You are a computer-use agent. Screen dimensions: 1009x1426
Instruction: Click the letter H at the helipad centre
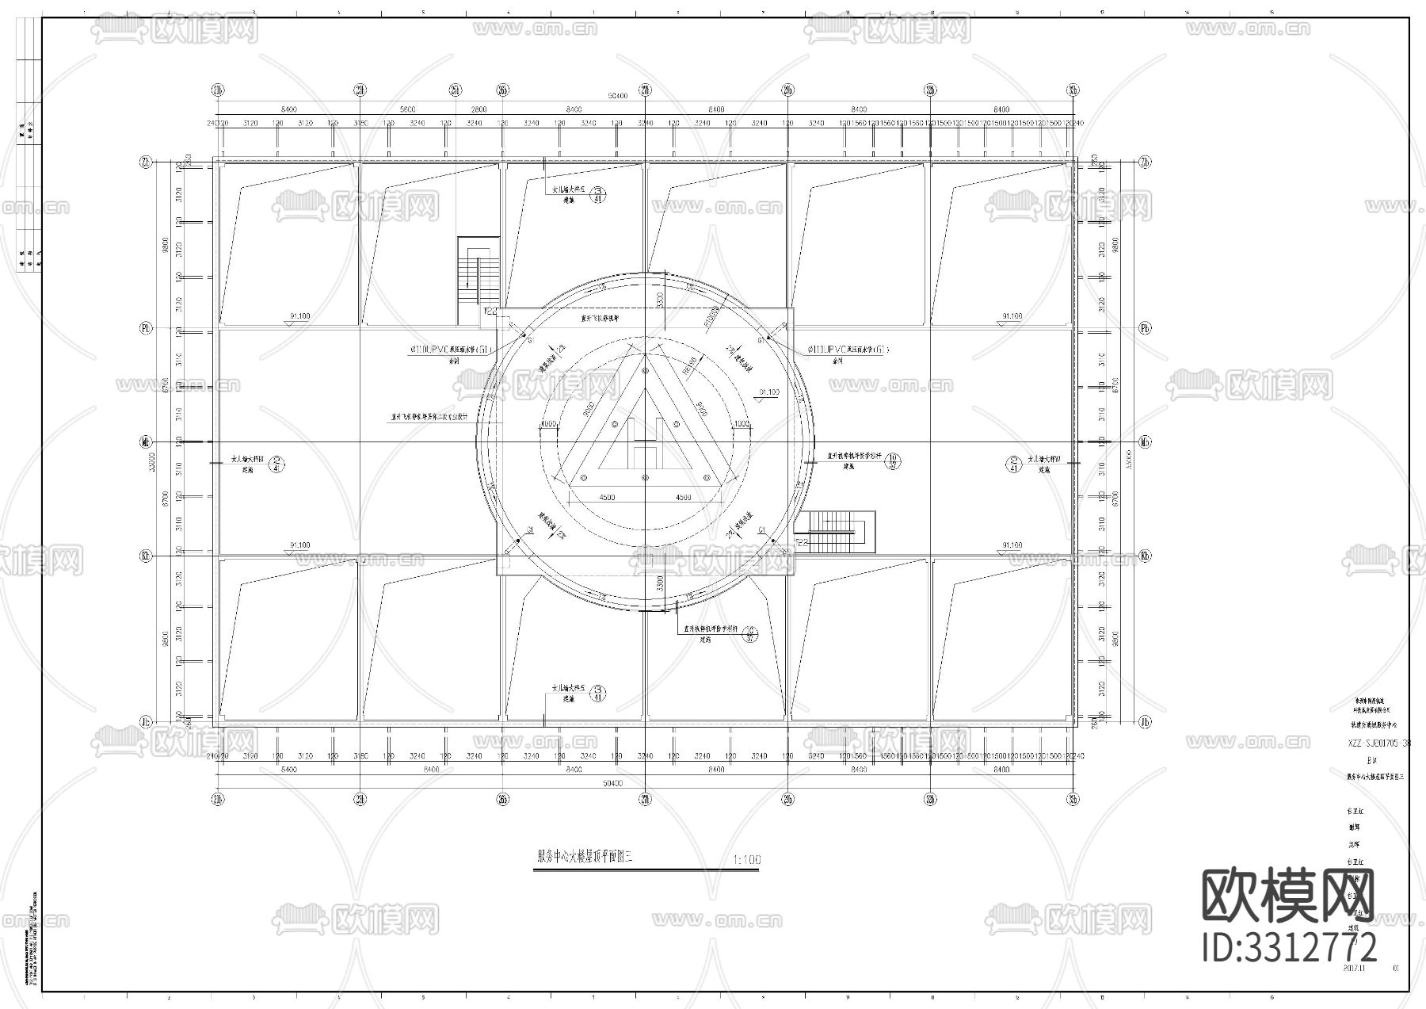644,441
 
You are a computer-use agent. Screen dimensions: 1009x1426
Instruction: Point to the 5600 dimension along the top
407,109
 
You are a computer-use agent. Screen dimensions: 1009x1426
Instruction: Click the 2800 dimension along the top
479,109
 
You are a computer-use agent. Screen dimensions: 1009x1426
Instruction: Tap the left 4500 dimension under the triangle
607,498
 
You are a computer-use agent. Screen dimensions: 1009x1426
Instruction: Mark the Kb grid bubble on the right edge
1144,556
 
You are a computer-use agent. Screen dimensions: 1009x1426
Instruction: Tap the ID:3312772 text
1289,947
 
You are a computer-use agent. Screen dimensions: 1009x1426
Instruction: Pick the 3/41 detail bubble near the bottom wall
599,694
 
